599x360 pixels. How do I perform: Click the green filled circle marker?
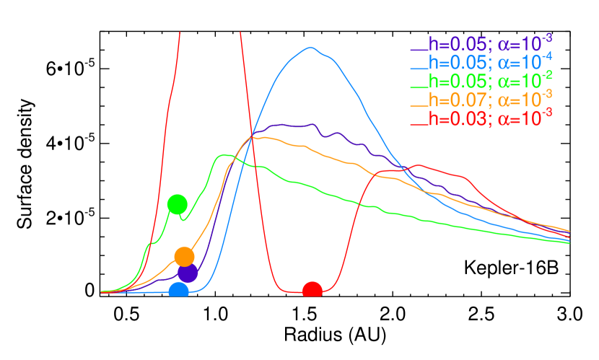(177, 204)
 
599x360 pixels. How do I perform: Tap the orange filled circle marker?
(184, 256)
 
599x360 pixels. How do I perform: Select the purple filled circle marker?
(188, 273)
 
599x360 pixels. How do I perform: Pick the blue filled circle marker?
(178, 291)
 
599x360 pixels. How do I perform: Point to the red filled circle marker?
(312, 291)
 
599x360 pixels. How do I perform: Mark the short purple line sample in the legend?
(419, 50)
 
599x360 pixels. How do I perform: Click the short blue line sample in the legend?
(419, 68)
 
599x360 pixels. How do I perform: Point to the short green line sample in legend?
(419, 86)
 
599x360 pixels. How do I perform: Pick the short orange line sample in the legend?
(419, 104)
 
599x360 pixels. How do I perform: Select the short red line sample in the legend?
(419, 123)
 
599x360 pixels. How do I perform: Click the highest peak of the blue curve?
(311, 48)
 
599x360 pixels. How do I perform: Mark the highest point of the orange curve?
(265, 136)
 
